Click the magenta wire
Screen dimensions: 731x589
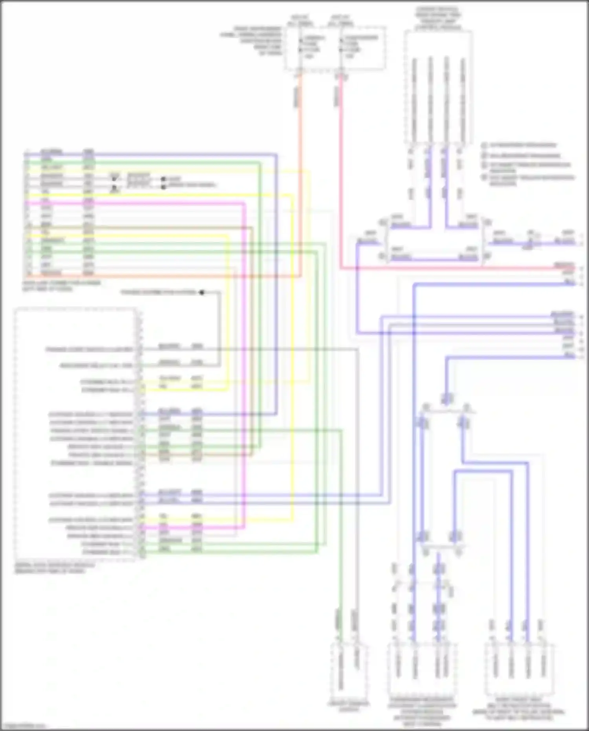click(244, 354)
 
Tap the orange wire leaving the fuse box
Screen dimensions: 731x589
click(300, 157)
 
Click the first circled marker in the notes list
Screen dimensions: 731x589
click(484, 145)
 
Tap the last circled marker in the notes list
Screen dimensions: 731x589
click(484, 178)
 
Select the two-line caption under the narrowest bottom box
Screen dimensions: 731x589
click(348, 706)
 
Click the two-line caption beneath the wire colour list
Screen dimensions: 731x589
click(61, 286)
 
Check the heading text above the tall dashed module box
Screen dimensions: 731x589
click(438, 18)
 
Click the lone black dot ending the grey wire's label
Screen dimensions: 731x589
click(202, 292)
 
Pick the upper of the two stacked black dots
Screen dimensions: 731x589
click(163, 180)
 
